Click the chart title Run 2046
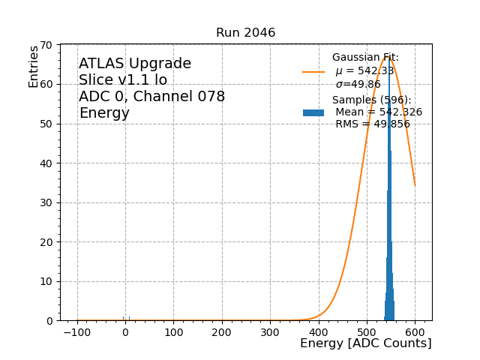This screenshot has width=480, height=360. click(x=245, y=33)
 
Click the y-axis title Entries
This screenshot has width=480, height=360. click(x=34, y=67)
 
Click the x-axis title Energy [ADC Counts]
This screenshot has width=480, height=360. click(x=365, y=343)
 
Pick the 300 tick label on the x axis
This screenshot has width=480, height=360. click(x=270, y=331)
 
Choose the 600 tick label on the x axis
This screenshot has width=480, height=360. click(x=415, y=331)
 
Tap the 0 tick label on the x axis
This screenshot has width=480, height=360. click(x=125, y=331)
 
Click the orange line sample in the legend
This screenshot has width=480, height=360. click(x=313, y=72)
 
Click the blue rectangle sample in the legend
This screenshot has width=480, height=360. click(x=313, y=112)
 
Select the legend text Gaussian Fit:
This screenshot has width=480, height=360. click(x=365, y=58)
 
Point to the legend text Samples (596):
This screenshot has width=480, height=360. click(x=371, y=100)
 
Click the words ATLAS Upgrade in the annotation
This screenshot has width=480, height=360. click(x=135, y=64)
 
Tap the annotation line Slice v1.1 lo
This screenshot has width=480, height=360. click(x=123, y=80)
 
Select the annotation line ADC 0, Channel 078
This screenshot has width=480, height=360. click(x=151, y=97)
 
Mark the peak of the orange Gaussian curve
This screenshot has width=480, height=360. click(x=387, y=56)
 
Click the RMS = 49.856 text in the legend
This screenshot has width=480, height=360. click(x=372, y=124)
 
